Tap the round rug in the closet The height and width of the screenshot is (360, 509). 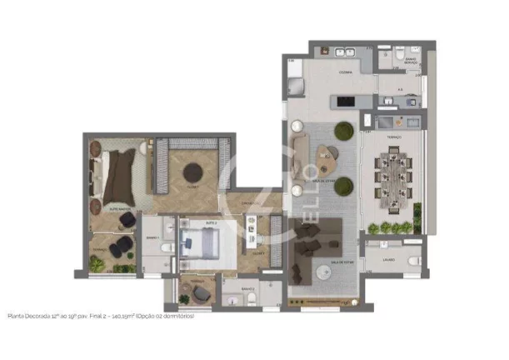[x=193, y=172]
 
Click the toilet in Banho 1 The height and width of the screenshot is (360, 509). [x=167, y=247]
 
